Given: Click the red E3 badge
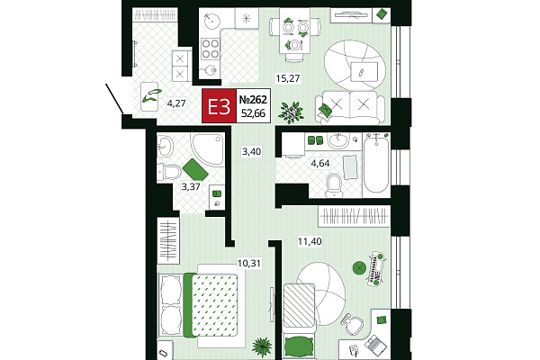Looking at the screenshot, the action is (x=219, y=106).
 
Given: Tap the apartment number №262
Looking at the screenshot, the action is (x=253, y=100).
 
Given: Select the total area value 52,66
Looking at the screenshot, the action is (x=253, y=113).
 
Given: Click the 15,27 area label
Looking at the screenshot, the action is (x=288, y=78).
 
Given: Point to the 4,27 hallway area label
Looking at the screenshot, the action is (x=176, y=103).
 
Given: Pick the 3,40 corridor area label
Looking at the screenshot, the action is (x=251, y=151).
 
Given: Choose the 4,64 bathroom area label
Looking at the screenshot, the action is (x=320, y=163).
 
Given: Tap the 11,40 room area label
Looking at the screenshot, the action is (x=310, y=241).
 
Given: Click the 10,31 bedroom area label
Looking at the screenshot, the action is (x=249, y=263).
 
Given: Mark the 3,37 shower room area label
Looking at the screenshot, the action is (x=191, y=186).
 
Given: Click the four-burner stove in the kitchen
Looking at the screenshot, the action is (x=211, y=49).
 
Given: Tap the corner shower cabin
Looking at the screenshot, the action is (x=208, y=149).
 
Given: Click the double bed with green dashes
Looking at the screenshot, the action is (x=210, y=305).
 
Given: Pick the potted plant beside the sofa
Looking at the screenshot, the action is (x=292, y=112).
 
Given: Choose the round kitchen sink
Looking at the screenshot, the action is (x=211, y=21).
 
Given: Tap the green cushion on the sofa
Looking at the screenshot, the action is (x=326, y=110).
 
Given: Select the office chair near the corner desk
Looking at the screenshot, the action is (x=353, y=324).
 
